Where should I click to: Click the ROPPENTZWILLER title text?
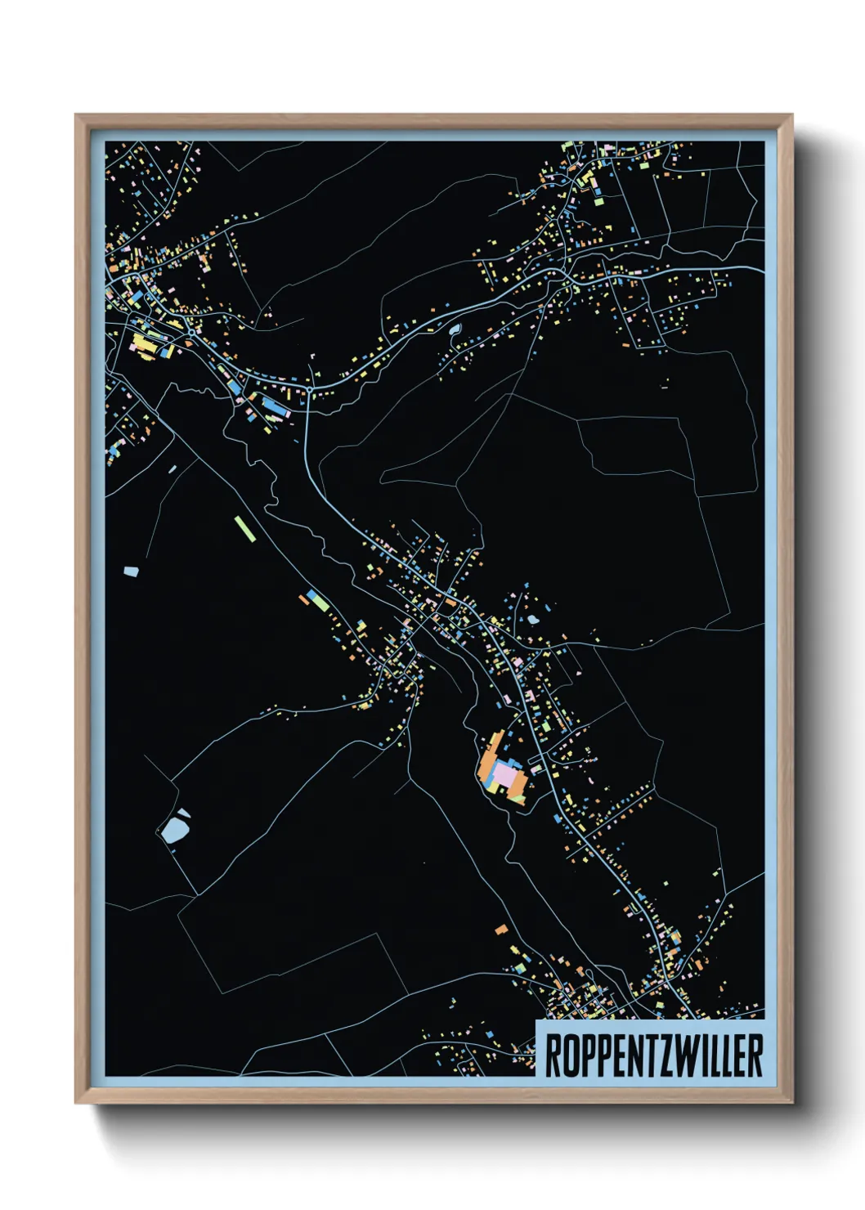pyautogui.click(x=653, y=1055)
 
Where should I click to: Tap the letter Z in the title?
pyautogui.click(x=666, y=1055)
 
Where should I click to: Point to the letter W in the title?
pyautogui.click(x=690, y=1055)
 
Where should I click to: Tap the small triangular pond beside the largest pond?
pyautogui.click(x=183, y=813)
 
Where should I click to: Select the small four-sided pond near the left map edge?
pyautogui.click(x=131, y=571)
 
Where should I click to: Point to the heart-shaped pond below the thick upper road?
pyautogui.click(x=454, y=329)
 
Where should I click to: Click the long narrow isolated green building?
pyautogui.click(x=244, y=528)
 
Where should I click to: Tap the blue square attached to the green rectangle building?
pyautogui.click(x=311, y=595)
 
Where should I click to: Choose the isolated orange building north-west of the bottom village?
pyautogui.click(x=501, y=930)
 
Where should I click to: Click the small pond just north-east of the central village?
pyautogui.click(x=533, y=619)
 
